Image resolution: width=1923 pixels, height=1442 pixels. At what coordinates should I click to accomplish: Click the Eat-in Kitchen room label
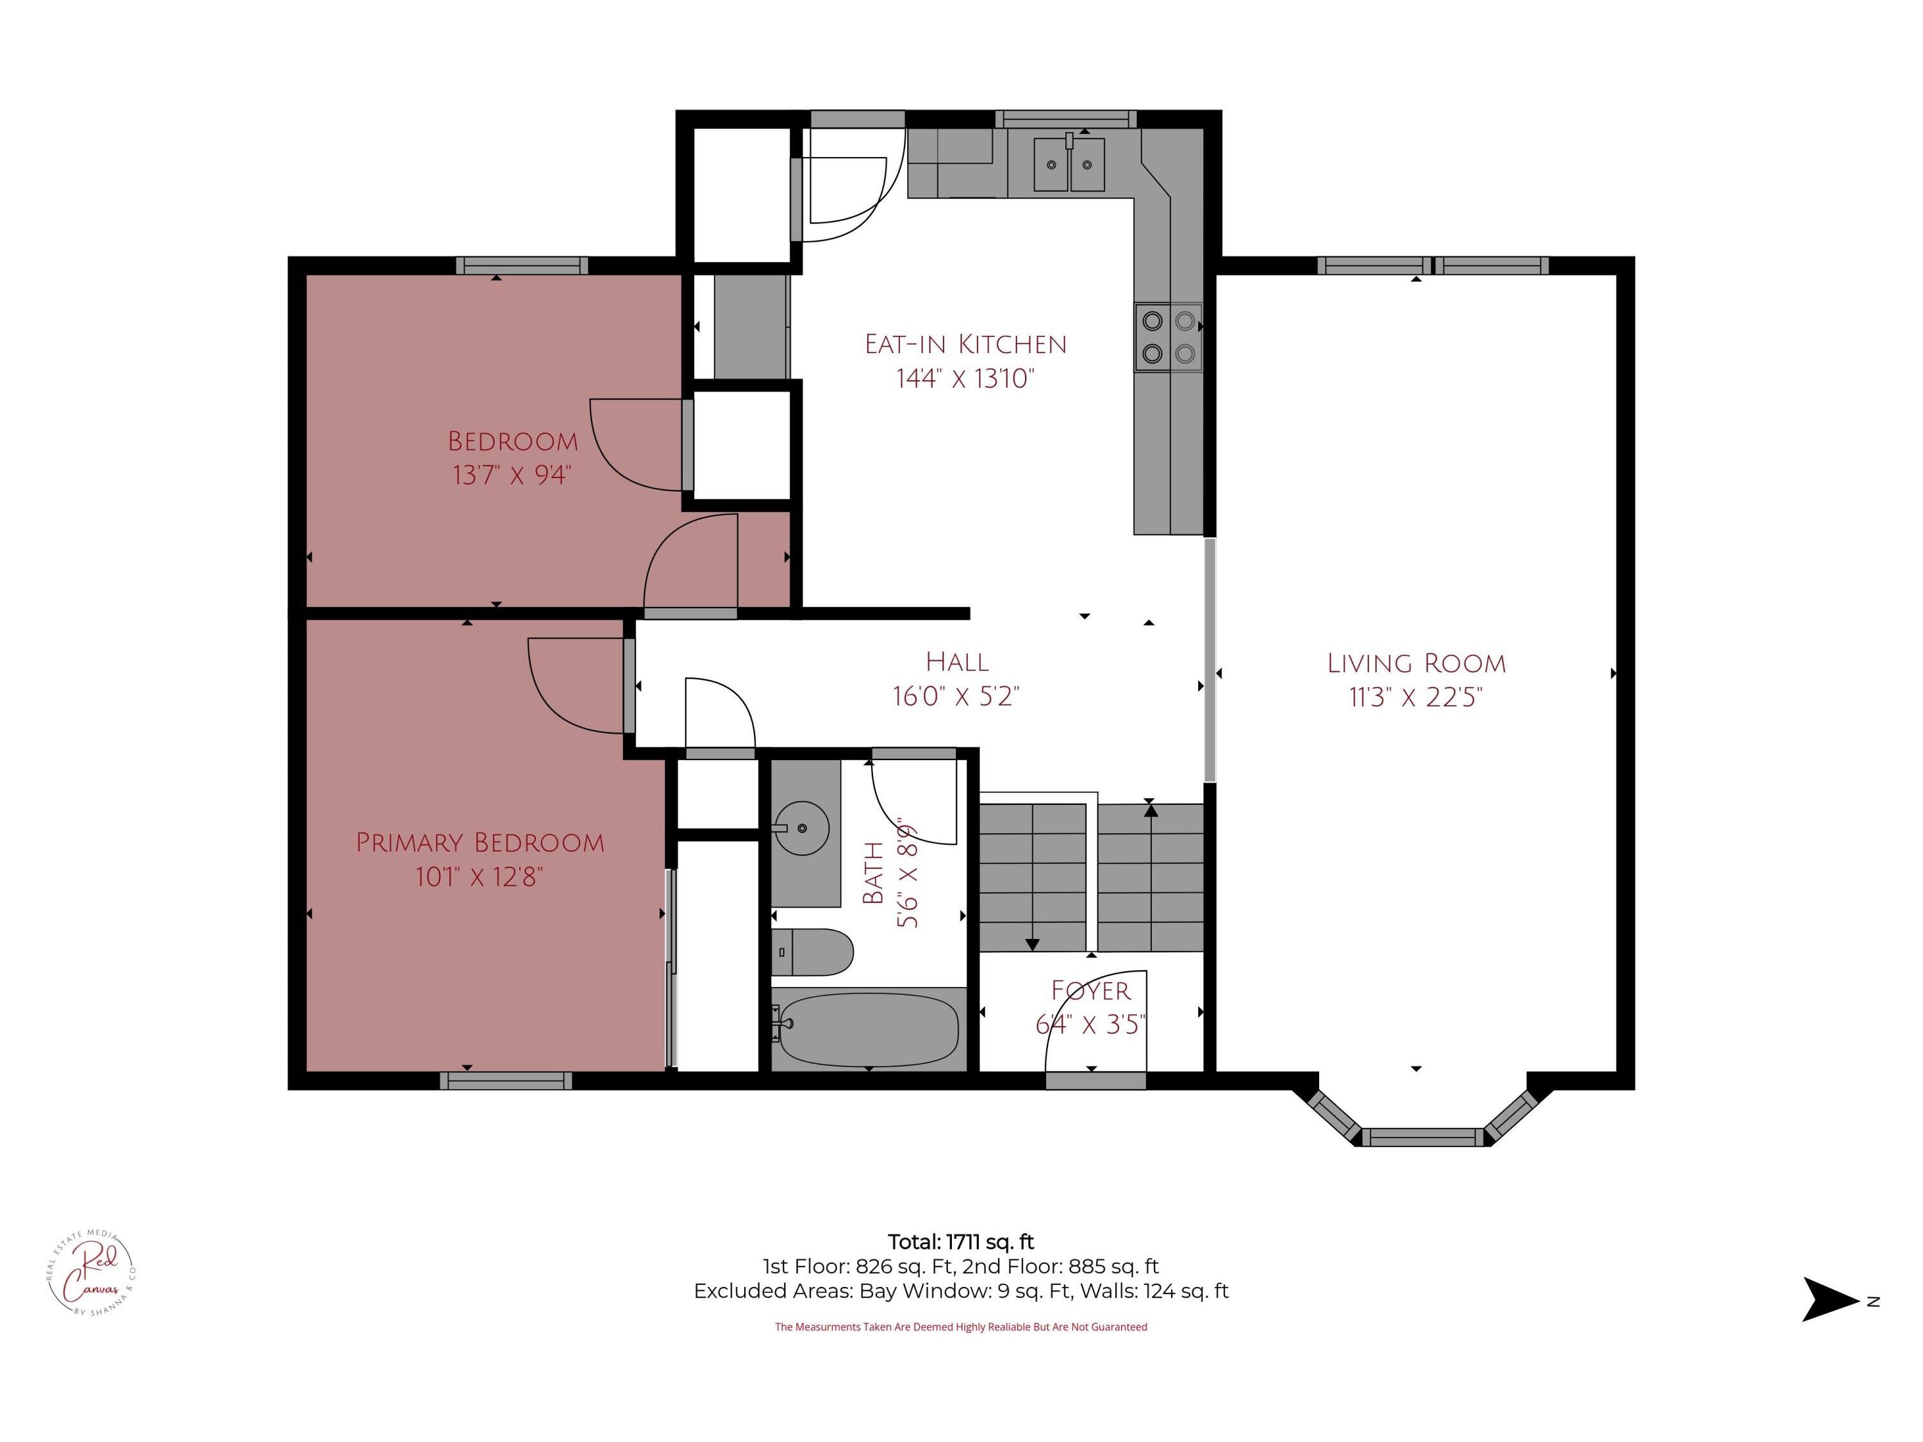click(965, 344)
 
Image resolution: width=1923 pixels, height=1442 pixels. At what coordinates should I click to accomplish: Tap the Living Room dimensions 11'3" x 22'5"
click(1415, 697)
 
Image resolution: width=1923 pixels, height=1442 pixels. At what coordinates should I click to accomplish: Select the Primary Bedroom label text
click(480, 842)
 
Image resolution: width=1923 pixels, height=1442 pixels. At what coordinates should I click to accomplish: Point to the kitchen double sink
click(1069, 164)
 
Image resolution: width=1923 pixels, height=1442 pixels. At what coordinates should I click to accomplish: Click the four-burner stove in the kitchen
click(1169, 337)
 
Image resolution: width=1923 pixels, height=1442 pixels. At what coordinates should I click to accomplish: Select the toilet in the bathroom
click(812, 952)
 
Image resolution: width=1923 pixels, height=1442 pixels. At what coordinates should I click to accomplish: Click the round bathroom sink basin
click(801, 828)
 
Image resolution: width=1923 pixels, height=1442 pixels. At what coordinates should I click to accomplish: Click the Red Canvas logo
click(91, 1273)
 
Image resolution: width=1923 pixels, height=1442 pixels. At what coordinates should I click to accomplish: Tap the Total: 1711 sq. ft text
click(961, 1242)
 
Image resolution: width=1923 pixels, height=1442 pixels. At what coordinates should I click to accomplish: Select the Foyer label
click(1091, 991)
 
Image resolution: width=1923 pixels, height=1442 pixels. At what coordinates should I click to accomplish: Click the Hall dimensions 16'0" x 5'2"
click(956, 696)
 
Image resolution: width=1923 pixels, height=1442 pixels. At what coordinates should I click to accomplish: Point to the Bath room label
click(873, 873)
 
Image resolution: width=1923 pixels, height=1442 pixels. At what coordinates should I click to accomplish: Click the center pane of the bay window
click(1422, 1137)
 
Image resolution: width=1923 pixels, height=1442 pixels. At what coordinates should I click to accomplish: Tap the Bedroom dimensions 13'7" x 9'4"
click(512, 476)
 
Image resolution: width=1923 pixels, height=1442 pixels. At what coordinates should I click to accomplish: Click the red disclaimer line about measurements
click(961, 1327)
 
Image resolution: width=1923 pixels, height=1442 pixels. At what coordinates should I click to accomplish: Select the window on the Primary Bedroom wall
click(506, 1081)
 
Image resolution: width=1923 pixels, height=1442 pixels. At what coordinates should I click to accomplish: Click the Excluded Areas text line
click(961, 1291)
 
